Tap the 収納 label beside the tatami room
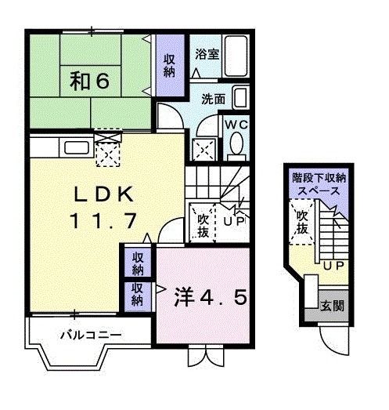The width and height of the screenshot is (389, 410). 169,64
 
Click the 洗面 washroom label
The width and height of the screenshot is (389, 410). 213,100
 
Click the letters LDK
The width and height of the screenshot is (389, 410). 107,194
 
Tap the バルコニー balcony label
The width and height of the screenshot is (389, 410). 91,336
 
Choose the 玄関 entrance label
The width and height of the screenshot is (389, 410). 330,306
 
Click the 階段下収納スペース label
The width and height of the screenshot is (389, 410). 319,185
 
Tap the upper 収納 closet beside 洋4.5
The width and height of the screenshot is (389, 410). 138,263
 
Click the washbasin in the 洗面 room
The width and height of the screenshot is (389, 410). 241,99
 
